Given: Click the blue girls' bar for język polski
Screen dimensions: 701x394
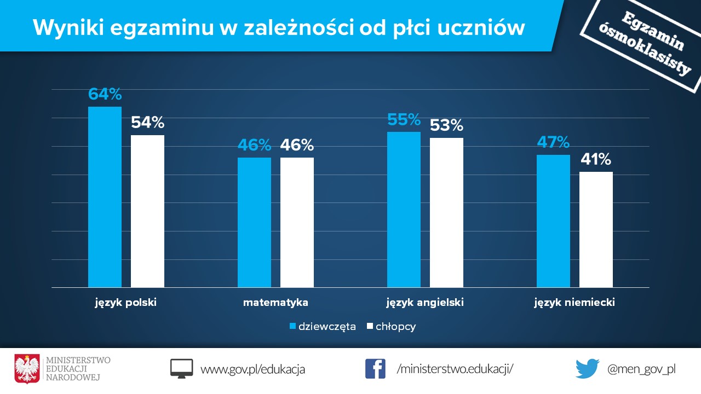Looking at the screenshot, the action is [x=105, y=197].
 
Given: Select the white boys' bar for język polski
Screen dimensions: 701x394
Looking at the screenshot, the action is [x=147, y=211].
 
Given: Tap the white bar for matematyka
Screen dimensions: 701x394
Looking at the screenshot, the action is [x=297, y=222].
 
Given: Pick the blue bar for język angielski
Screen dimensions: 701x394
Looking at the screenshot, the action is [x=404, y=210].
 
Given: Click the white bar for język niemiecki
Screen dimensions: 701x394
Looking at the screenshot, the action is [x=596, y=229].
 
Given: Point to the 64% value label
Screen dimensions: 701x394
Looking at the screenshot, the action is [x=105, y=94].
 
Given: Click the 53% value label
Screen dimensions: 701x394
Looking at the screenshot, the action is [x=446, y=125].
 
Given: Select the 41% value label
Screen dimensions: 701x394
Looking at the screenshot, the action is [x=596, y=159].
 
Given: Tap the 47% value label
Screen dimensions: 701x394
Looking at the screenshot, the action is [x=553, y=142].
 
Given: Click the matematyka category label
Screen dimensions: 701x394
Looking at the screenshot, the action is [x=275, y=303].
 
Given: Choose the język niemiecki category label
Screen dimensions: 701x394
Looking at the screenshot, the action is [x=574, y=303].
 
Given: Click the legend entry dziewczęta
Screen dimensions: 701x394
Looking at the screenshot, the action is [x=323, y=327].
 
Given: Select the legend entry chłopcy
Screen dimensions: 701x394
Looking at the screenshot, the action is [x=391, y=327].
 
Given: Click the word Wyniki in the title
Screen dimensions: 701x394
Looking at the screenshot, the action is [x=68, y=28].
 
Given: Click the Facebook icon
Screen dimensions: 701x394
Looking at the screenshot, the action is [x=375, y=369].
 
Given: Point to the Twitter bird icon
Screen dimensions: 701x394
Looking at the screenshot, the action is [x=588, y=369].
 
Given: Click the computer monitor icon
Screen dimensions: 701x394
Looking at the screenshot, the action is [x=181, y=369].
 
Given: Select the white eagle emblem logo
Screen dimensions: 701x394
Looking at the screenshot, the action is [x=27, y=369].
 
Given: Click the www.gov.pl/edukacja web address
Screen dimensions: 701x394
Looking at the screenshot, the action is [x=252, y=369].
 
